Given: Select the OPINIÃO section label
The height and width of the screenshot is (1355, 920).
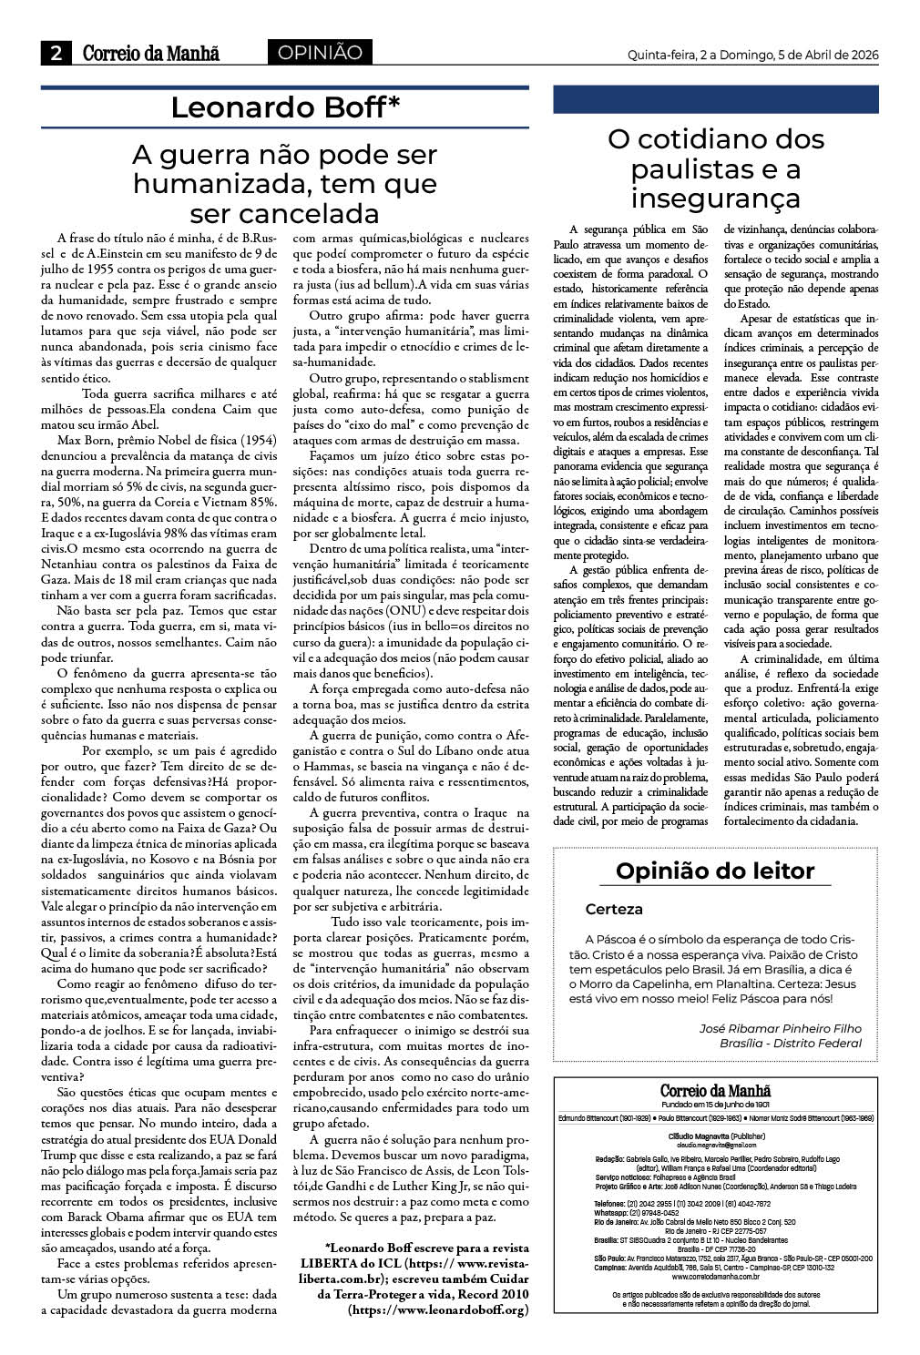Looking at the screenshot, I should (x=320, y=53).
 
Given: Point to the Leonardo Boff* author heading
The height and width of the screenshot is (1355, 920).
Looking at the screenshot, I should (x=285, y=107).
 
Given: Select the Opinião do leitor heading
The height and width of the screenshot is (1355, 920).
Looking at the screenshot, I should (x=715, y=871).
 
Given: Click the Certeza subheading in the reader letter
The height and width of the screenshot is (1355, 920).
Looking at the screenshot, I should (x=614, y=909).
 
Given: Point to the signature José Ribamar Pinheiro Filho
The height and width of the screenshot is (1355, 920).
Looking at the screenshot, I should (x=779, y=1027).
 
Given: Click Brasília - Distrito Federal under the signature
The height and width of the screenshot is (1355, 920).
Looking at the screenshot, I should (x=790, y=1043).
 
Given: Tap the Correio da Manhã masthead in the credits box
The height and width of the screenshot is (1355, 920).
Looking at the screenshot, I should (x=715, y=1090).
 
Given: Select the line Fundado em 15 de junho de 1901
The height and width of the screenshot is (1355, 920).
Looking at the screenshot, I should (x=715, y=1104).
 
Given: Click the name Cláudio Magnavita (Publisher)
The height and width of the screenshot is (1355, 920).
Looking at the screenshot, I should (x=715, y=1136).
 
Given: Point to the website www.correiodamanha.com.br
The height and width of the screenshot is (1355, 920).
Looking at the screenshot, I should (x=715, y=1277).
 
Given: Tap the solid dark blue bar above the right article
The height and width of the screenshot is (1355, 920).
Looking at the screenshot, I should (x=715, y=99).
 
